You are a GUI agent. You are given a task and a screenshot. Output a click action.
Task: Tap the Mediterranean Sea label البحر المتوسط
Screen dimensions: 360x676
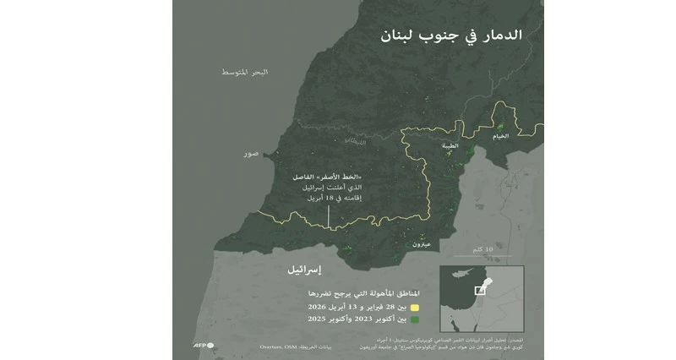pos(244,73)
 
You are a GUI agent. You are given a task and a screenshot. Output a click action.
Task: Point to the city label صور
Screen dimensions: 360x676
pos(251,155)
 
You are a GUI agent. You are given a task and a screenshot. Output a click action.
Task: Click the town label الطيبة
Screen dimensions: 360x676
pos(450,145)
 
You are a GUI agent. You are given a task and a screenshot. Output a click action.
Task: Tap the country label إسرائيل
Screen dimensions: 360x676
pos(298,271)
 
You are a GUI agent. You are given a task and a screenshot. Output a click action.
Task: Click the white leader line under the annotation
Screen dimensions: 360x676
pos(329,215)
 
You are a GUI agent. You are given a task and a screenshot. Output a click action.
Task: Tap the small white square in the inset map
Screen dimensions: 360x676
pos(480,290)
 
